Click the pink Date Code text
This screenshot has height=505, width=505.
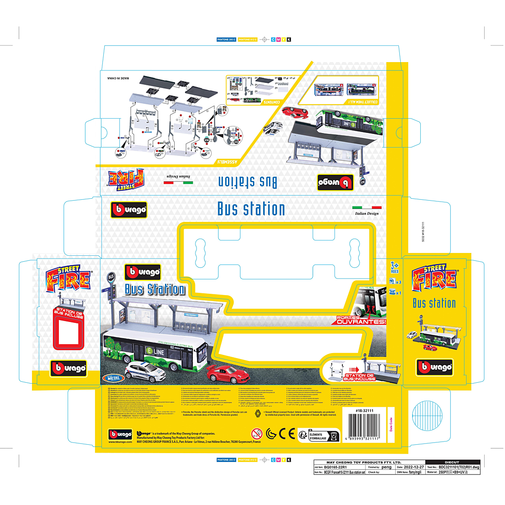coord(391,424)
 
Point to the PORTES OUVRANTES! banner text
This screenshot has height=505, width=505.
coord(361,320)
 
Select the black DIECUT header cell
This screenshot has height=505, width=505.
coord(451,462)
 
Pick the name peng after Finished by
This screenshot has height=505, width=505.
coord(386,467)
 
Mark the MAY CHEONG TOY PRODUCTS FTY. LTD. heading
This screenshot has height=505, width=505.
coord(364,462)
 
